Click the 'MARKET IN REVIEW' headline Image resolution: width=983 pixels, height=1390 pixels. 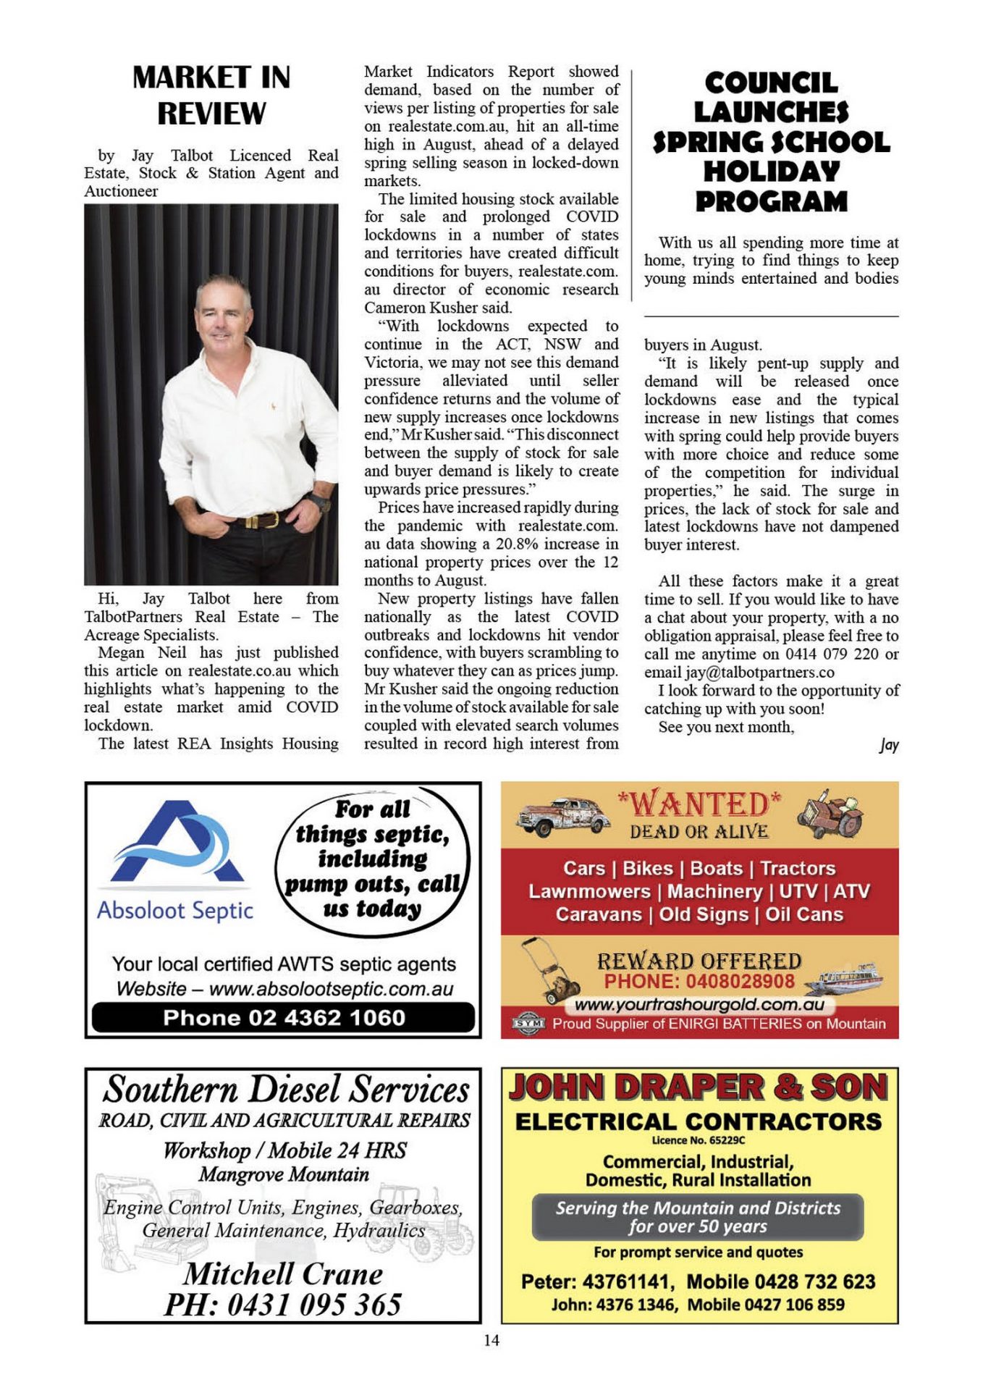211,95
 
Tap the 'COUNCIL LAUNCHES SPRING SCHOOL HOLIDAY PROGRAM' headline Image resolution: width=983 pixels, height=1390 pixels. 771,142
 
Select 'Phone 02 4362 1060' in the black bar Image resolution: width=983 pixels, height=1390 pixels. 284,1017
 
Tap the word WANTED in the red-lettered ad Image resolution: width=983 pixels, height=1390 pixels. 699,804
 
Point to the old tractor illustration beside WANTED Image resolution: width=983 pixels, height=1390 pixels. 830,814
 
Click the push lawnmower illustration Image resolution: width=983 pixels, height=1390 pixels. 551,971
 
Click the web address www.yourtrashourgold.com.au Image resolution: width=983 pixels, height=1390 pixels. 699,1005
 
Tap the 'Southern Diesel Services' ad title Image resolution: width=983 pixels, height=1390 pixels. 285,1090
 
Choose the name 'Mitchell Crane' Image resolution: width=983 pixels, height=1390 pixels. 283,1274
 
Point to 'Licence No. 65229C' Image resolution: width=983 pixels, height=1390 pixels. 698,1140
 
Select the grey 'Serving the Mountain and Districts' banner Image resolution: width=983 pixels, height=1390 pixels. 698,1217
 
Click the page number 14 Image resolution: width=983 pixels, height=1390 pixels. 491,1340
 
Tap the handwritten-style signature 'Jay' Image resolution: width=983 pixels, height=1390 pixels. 889,745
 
